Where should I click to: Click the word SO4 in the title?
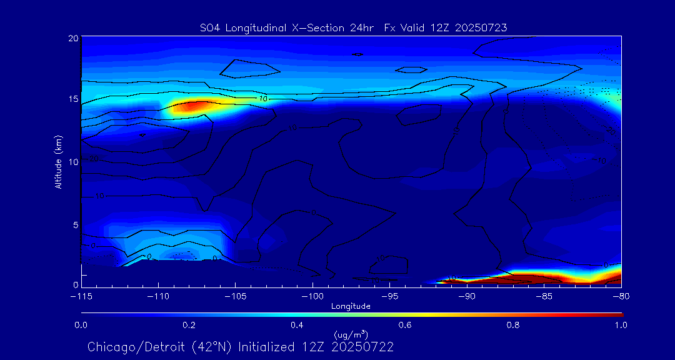point(208,27)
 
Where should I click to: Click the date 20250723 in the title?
point(481,27)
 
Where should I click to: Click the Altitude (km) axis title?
point(59,162)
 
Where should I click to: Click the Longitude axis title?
point(351,306)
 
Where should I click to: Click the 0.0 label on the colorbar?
point(81,325)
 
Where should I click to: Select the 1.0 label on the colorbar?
point(621,325)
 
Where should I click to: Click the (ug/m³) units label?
point(351,335)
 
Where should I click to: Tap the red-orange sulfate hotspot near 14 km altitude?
point(191,106)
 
